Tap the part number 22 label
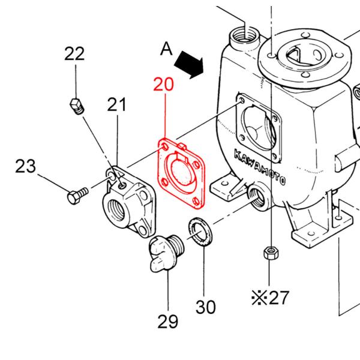[74, 54]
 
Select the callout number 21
[117, 106]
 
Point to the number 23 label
[26, 166]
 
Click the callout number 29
[168, 322]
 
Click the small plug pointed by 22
[76, 106]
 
